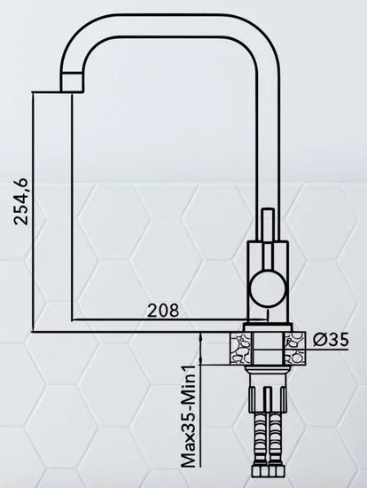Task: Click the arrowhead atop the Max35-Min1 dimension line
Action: [202, 335]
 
